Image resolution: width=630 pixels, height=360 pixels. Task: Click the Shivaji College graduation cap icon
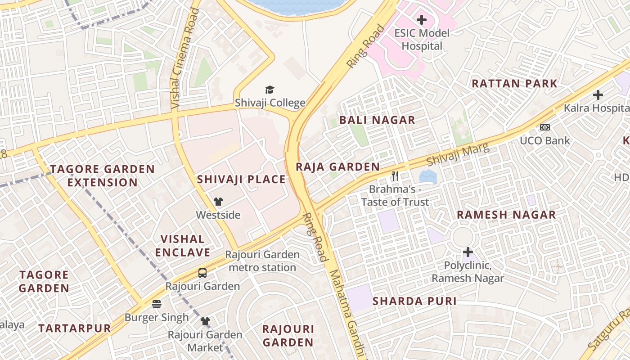click(x=270, y=90)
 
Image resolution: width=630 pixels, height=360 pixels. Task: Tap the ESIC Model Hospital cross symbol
click(x=422, y=20)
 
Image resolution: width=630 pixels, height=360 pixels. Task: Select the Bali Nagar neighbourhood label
click(x=377, y=120)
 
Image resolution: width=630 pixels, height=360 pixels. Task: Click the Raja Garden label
click(x=337, y=167)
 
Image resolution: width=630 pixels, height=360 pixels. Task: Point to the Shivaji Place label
click(x=241, y=180)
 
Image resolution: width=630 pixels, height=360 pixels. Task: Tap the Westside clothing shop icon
click(x=218, y=202)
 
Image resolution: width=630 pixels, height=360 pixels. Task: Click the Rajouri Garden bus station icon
click(x=202, y=273)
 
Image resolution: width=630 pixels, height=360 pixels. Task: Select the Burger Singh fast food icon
click(x=157, y=304)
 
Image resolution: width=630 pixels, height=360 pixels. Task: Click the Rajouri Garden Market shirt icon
click(x=205, y=321)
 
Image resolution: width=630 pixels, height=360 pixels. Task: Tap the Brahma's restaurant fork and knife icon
click(x=395, y=176)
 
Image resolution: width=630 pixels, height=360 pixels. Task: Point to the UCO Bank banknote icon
click(x=545, y=127)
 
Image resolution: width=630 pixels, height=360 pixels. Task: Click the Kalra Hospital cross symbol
click(x=598, y=95)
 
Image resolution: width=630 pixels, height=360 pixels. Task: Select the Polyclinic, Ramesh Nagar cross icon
click(x=468, y=252)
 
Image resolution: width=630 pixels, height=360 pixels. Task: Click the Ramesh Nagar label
click(x=506, y=215)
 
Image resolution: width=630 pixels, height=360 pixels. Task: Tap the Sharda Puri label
click(x=414, y=301)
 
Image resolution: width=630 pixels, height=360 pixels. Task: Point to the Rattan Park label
click(x=514, y=84)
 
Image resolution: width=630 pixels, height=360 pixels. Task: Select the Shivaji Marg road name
click(x=458, y=154)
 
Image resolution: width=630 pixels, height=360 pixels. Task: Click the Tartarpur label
click(x=75, y=328)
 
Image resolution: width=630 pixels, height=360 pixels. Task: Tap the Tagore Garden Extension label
click(x=102, y=176)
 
